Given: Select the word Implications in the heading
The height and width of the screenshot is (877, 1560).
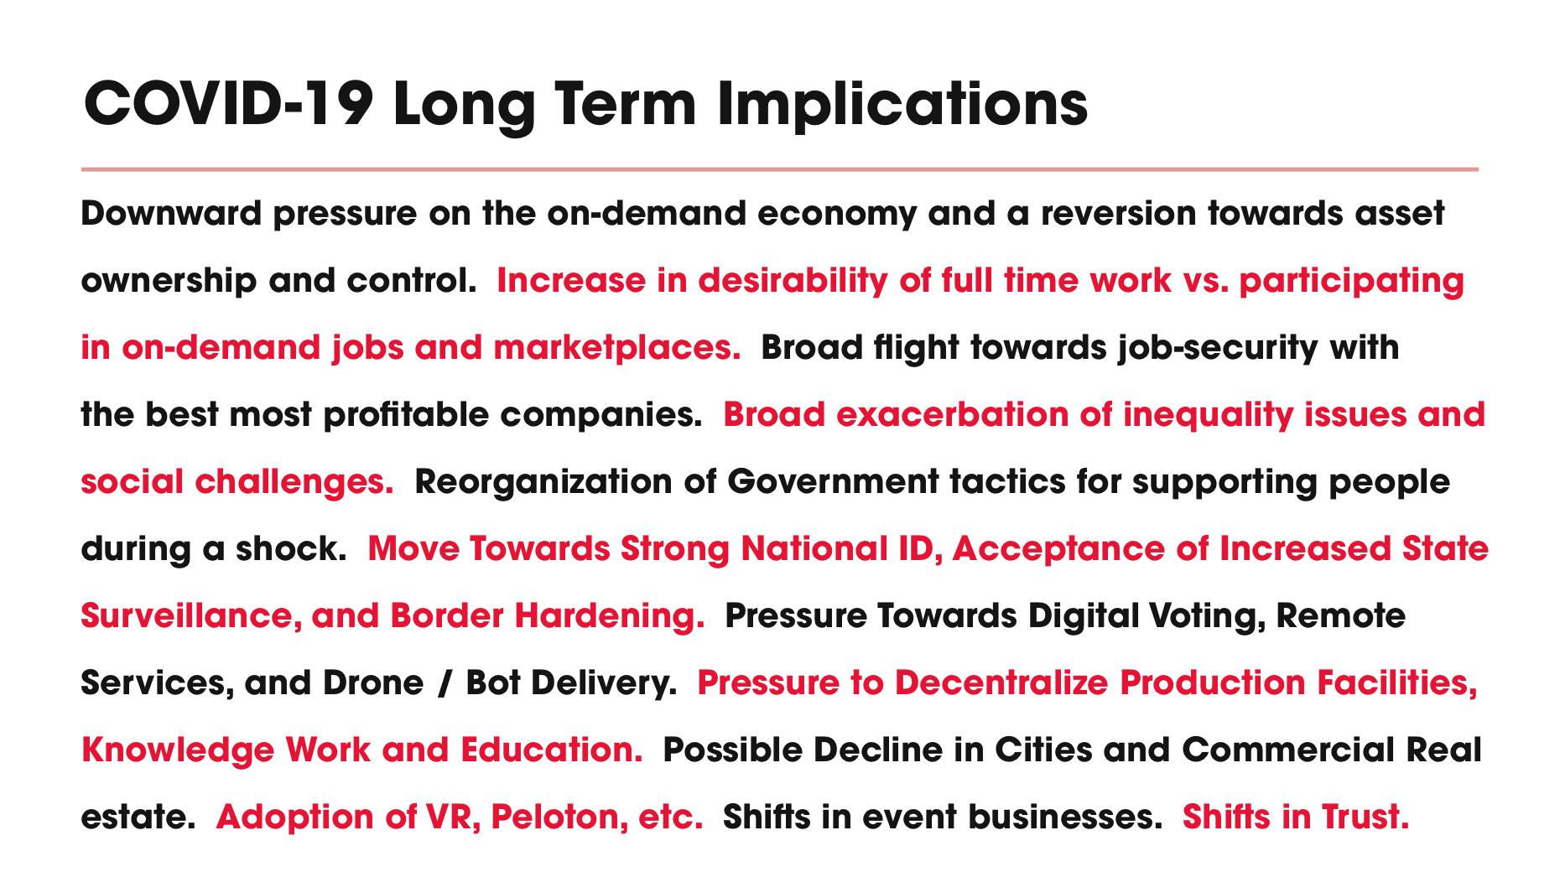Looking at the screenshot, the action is tap(902, 105).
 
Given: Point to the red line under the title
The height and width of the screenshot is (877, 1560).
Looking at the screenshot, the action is tap(779, 169).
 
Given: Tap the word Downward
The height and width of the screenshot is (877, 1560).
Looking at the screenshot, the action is tap(171, 213).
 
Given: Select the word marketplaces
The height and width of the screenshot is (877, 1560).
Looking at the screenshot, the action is tap(617, 347).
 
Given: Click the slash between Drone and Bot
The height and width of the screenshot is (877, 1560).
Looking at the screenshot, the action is tap(443, 683).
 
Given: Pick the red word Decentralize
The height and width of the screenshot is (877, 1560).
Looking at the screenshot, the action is tap(1001, 682).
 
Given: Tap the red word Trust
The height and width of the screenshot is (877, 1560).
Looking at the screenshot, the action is tap(1365, 817).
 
